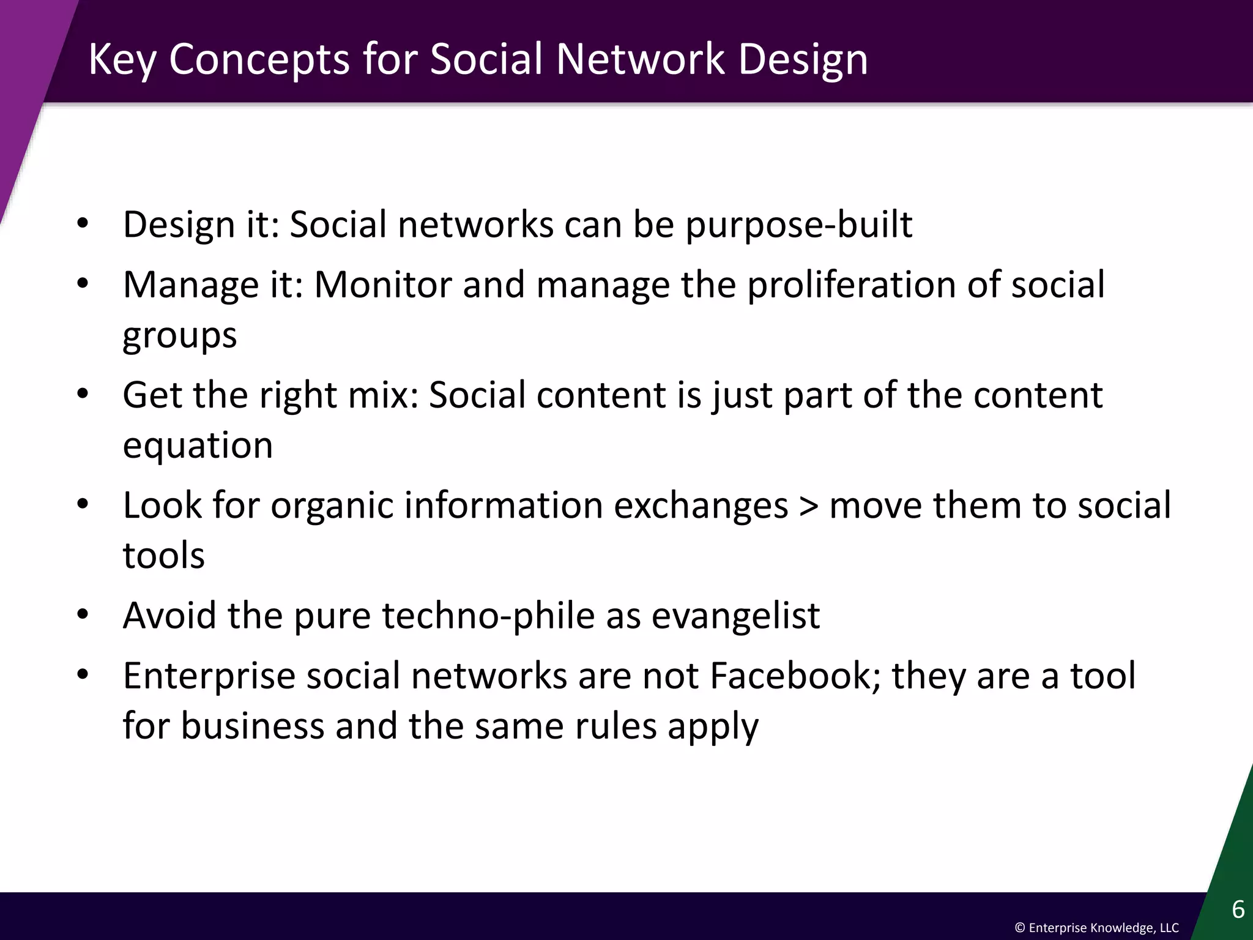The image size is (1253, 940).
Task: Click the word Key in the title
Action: pyautogui.click(x=122, y=60)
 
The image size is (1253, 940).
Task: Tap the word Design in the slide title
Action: pyautogui.click(x=803, y=60)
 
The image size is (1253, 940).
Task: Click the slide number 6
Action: pyautogui.click(x=1238, y=909)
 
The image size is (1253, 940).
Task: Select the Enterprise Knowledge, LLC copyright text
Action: pyautogui.click(x=1096, y=928)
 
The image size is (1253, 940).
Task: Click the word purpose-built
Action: pyautogui.click(x=798, y=225)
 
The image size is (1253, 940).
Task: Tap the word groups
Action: pyautogui.click(x=179, y=336)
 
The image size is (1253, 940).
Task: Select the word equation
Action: pyautogui.click(x=198, y=445)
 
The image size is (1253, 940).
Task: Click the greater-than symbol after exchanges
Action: pyautogui.click(x=808, y=506)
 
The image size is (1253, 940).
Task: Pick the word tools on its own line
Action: pyautogui.click(x=163, y=556)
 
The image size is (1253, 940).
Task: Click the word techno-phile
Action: pyautogui.click(x=488, y=616)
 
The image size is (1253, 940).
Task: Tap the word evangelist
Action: pyautogui.click(x=735, y=616)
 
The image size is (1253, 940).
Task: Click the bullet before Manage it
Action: pyautogui.click(x=83, y=283)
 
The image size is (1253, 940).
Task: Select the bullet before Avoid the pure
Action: pyautogui.click(x=83, y=614)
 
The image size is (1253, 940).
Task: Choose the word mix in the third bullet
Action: pyautogui.click(x=382, y=395)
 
